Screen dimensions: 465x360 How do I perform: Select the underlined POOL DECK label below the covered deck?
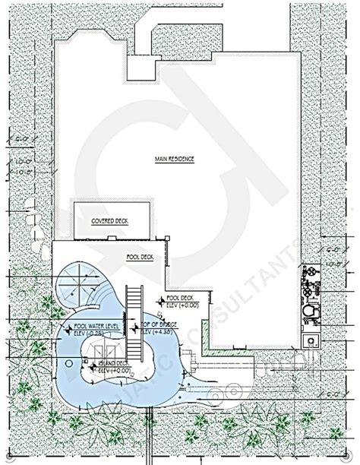(x=140, y=257)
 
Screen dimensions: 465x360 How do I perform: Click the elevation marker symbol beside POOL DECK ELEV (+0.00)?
(x=159, y=302)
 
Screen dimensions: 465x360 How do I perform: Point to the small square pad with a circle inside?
(x=310, y=340)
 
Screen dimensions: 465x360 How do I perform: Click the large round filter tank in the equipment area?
(x=309, y=312)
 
